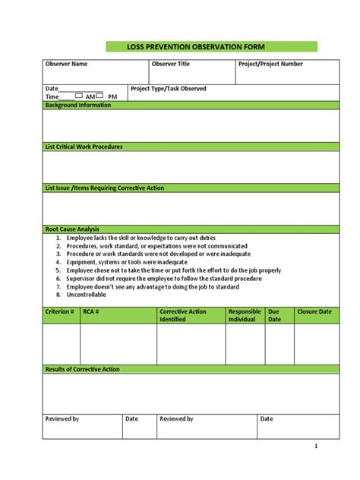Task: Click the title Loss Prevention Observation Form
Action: click(190, 47)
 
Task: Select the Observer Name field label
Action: click(67, 64)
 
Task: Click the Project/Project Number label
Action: click(270, 64)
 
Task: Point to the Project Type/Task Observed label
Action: click(168, 89)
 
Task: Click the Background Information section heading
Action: click(78, 106)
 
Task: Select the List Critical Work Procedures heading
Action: click(84, 147)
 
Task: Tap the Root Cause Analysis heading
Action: click(73, 229)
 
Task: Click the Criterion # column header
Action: click(60, 311)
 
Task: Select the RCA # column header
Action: click(92, 311)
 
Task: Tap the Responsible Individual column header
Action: click(245, 315)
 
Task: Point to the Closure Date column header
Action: click(314, 311)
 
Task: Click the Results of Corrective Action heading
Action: click(83, 369)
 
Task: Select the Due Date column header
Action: click(275, 315)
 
